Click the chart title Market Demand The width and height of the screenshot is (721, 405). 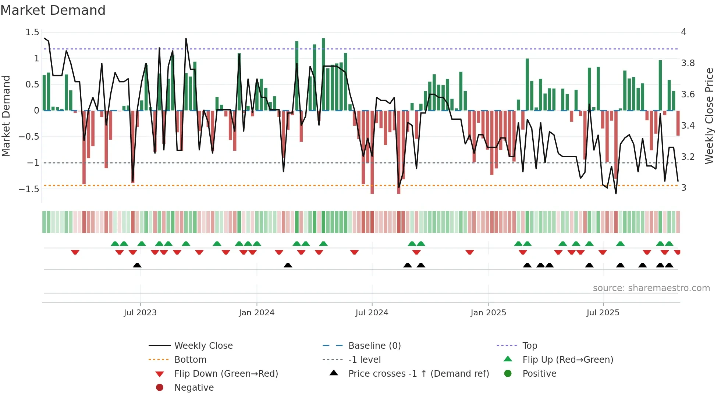[x=53, y=10]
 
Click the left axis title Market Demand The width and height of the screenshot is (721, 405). [x=6, y=116]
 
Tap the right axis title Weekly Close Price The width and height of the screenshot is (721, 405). [x=709, y=116]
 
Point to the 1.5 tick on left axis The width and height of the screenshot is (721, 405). [x=32, y=32]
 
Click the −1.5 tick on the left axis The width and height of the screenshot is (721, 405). [x=29, y=189]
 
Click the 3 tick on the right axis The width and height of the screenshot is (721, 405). [x=683, y=188]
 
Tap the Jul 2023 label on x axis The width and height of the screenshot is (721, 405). [x=140, y=313]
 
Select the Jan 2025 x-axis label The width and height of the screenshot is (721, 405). [x=488, y=313]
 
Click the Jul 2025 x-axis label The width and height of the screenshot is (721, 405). [x=603, y=313]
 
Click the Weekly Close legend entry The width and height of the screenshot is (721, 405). [x=203, y=346]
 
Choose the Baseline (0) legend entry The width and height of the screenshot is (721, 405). [x=374, y=346]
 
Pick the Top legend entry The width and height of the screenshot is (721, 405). [x=530, y=346]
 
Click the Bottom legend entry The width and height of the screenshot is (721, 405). [x=190, y=360]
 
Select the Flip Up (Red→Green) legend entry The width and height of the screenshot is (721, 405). [x=568, y=360]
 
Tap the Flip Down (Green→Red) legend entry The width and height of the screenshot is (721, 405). [x=226, y=374]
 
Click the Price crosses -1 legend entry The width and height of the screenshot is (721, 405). [x=418, y=374]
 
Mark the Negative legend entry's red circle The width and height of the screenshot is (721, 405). [x=160, y=387]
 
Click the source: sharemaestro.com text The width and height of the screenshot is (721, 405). [x=651, y=288]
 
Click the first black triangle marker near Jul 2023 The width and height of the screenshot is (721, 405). [x=137, y=265]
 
